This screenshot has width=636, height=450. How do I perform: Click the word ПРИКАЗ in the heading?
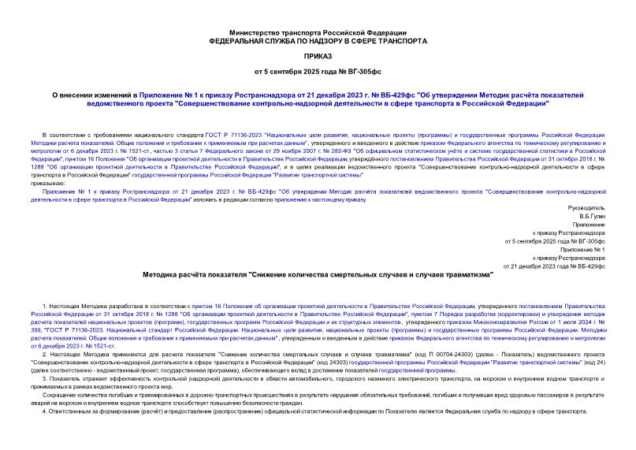pyautogui.click(x=318, y=58)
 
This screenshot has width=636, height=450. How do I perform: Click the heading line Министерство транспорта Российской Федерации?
pyautogui.click(x=318, y=32)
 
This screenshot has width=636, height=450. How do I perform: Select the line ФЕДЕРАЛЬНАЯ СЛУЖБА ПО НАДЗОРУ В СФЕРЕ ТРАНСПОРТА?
pyautogui.click(x=318, y=40)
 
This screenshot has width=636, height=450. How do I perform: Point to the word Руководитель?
pyautogui.click(x=587, y=207)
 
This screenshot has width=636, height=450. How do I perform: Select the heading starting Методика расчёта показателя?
pyautogui.click(x=318, y=275)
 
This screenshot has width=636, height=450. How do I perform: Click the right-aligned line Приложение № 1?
pyautogui.click(x=582, y=249)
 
